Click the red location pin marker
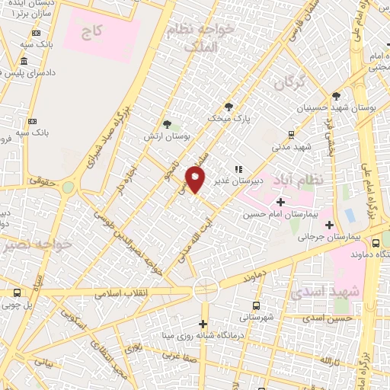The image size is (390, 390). click(x=196, y=180)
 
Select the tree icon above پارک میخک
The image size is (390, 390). click(x=229, y=107)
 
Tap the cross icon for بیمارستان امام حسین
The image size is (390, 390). click(x=280, y=203)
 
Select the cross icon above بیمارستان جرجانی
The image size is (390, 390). click(x=329, y=225)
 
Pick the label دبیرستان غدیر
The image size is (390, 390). click(x=257, y=181)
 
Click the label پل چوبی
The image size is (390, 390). click(x=17, y=305)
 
